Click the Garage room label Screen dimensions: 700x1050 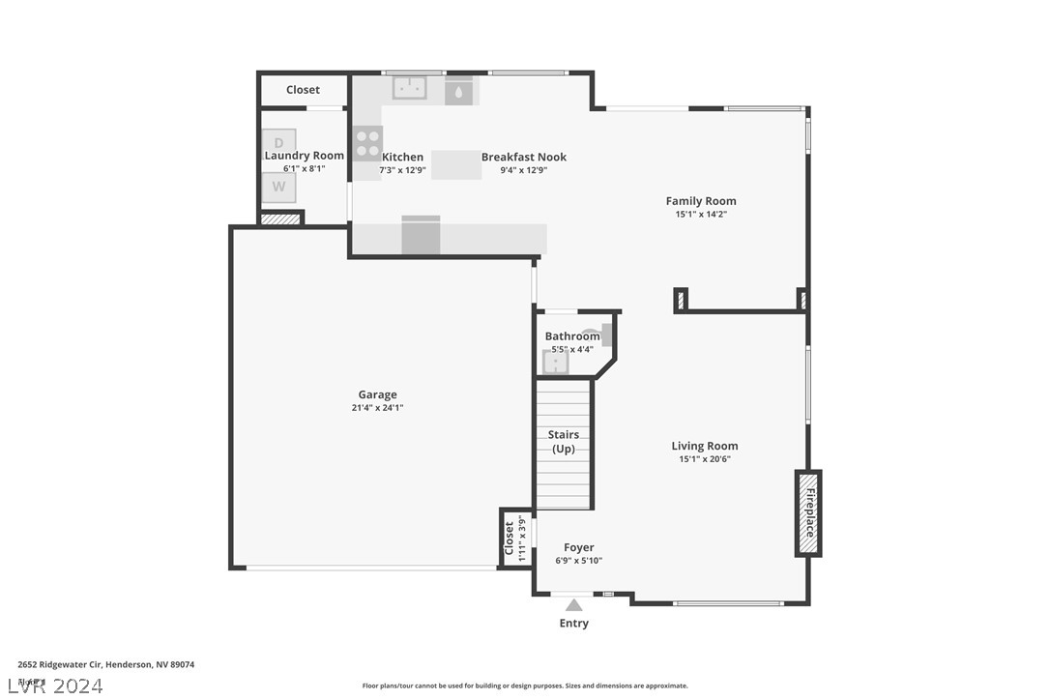click(x=377, y=394)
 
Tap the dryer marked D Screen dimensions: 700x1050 click(x=278, y=143)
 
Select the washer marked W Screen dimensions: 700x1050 click(x=278, y=187)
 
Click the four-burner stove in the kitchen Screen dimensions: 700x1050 click(x=367, y=143)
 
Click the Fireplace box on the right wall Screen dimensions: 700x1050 click(x=808, y=513)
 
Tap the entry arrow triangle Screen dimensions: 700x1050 click(x=574, y=605)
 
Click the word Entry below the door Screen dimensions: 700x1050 click(x=573, y=624)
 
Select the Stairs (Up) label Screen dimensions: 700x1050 click(x=563, y=442)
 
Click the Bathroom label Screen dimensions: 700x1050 click(x=572, y=336)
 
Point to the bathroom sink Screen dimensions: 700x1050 click(x=555, y=363)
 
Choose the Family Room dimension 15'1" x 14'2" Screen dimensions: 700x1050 click(x=701, y=215)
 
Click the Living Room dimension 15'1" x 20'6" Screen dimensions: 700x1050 click(x=704, y=459)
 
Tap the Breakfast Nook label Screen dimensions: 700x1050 click(x=524, y=157)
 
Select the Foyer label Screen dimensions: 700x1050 click(x=578, y=547)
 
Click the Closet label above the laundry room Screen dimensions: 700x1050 click(x=303, y=90)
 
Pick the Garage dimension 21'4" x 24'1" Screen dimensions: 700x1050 click(x=377, y=408)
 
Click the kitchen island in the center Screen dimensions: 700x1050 click(x=456, y=164)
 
